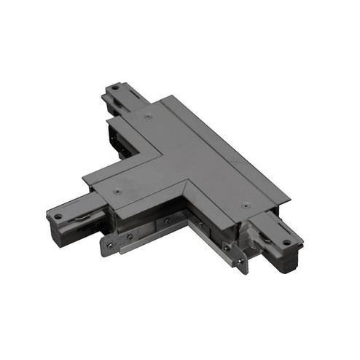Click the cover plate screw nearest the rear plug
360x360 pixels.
[148, 115]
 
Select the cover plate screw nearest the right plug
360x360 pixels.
[246, 206]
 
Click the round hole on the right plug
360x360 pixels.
[287, 242]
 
